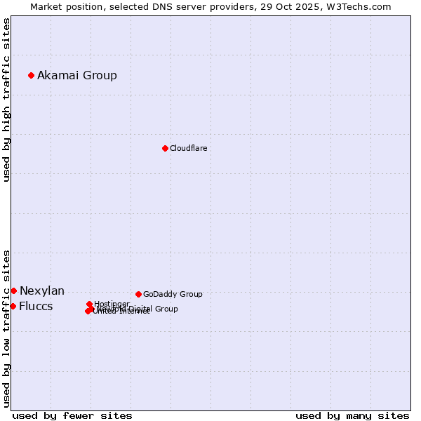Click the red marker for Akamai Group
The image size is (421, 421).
pyautogui.click(x=31, y=75)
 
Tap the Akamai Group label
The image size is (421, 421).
pyautogui.click(x=77, y=75)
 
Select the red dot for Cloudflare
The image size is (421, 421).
pyautogui.click(x=165, y=148)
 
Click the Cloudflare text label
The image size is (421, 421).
pyautogui.click(x=188, y=148)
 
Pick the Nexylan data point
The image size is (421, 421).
pyautogui.click(x=13, y=290)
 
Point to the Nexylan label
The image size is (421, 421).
pyautogui.click(x=42, y=290)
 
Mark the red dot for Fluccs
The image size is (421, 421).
pyautogui.click(x=13, y=306)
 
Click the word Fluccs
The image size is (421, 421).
pyautogui.click(x=36, y=307)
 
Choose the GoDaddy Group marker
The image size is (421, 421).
pyautogui.click(x=138, y=294)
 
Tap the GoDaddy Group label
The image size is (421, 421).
pyautogui.click(x=173, y=294)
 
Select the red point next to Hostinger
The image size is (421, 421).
pyautogui.click(x=89, y=304)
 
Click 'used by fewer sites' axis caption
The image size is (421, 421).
pyautogui.click(x=72, y=415)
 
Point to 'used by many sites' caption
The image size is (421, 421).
pyautogui.click(x=352, y=415)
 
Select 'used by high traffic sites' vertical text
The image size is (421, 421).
pyautogui.click(x=7, y=100)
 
